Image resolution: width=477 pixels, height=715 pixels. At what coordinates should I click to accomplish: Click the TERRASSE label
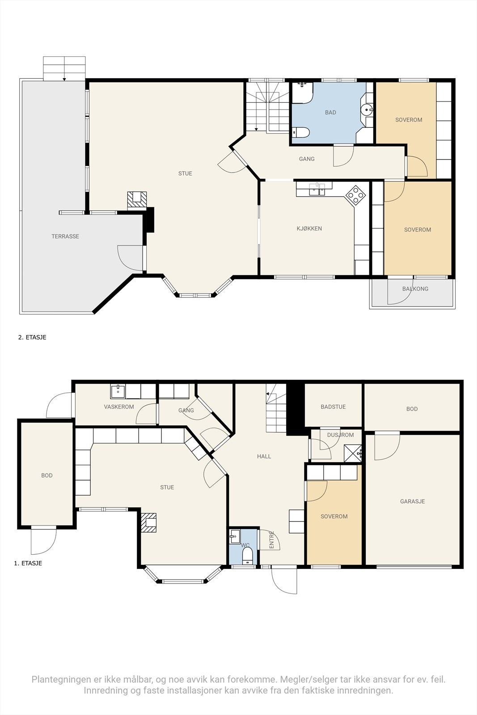(65, 236)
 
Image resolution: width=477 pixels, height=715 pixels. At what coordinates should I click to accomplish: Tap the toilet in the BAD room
(301, 132)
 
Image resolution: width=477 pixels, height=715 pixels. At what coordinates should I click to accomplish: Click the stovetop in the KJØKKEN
(356, 194)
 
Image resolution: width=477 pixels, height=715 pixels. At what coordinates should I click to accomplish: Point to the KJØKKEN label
(309, 228)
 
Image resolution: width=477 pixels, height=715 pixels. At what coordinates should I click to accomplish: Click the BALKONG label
(415, 289)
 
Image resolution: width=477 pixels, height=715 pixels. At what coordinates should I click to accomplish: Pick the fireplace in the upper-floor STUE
(137, 201)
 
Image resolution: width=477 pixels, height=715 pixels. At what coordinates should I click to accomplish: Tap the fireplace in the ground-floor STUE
(148, 523)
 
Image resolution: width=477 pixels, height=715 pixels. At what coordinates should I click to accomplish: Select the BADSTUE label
(333, 407)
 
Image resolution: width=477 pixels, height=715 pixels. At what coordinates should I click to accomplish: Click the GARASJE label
(413, 501)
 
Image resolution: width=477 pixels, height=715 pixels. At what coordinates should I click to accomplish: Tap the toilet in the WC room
(247, 555)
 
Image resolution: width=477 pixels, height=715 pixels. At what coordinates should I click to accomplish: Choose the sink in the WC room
(235, 537)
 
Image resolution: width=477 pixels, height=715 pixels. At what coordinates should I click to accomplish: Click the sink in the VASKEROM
(118, 391)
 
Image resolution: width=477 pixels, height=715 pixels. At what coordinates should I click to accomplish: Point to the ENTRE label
(272, 540)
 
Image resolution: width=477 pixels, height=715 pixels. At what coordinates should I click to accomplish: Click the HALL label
(264, 456)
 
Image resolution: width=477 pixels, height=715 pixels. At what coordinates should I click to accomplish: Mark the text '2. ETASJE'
(32, 337)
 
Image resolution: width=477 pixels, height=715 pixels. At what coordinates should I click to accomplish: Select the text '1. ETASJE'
(28, 572)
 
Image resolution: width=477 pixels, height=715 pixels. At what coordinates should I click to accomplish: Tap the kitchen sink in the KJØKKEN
(317, 189)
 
